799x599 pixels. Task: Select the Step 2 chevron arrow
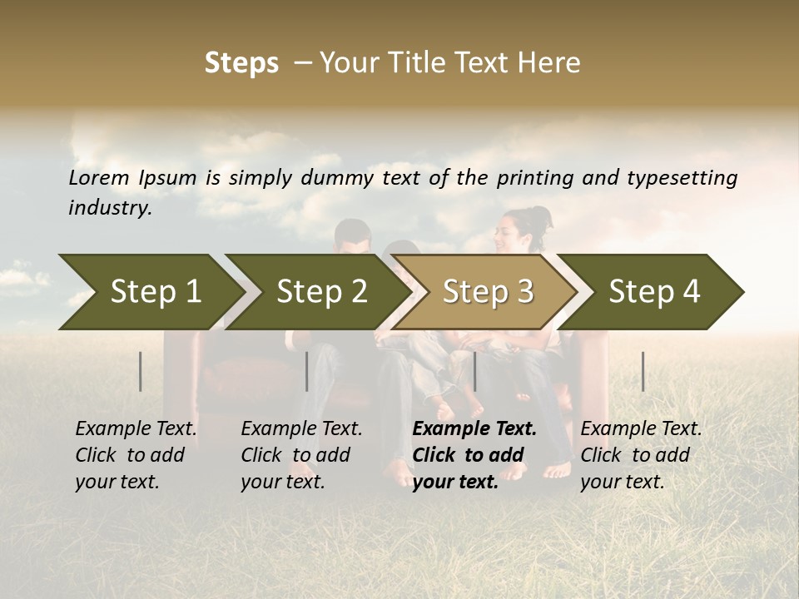click(321, 292)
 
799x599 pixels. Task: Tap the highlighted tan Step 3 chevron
click(488, 292)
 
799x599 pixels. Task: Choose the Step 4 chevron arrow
click(654, 292)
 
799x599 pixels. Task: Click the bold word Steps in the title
click(241, 63)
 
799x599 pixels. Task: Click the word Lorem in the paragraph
click(99, 177)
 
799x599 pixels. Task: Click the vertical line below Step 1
click(141, 371)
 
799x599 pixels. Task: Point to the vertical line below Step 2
click(307, 371)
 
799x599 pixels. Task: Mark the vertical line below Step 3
click(474, 371)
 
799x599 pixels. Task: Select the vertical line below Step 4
click(643, 371)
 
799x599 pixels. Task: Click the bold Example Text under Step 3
click(474, 429)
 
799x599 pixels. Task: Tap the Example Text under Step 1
click(136, 429)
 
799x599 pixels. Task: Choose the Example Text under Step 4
click(641, 429)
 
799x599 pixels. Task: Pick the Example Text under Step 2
click(301, 429)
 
